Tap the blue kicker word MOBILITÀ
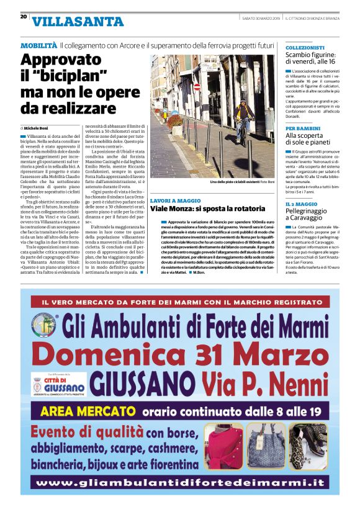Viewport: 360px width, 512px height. [x=38, y=47]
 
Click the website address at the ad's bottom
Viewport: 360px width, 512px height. [x=180, y=482]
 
